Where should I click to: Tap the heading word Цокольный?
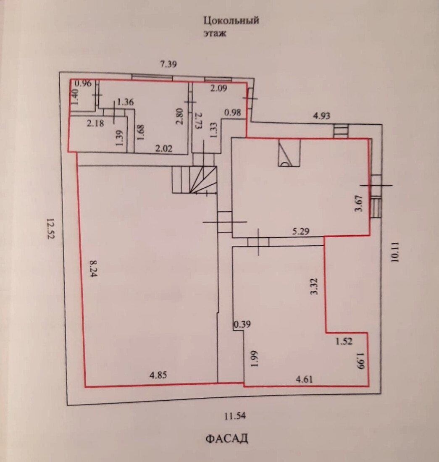point(231,20)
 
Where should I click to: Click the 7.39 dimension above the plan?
point(169,64)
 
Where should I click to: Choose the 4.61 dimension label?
point(305,380)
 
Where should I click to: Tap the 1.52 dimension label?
point(344,341)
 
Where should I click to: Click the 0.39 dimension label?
point(242,324)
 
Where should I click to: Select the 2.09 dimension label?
point(219,88)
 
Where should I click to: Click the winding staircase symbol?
point(195,179)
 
